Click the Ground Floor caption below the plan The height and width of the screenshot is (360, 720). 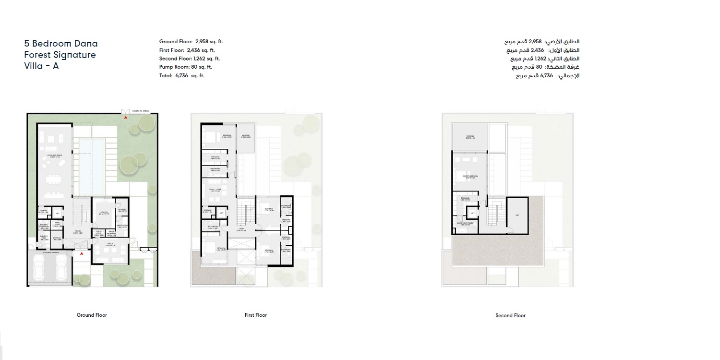(x=92, y=315)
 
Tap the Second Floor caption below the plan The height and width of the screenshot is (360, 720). (x=510, y=316)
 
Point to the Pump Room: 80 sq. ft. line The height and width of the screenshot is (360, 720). (x=185, y=67)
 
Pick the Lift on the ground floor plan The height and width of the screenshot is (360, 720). (x=57, y=213)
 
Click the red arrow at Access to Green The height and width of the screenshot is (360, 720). (x=126, y=116)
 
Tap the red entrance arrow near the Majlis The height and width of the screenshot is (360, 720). (x=82, y=253)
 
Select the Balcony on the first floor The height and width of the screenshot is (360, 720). (x=246, y=137)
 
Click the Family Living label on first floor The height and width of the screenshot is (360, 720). (x=214, y=190)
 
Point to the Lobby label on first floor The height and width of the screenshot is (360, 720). (x=241, y=229)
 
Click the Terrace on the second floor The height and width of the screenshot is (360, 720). (x=470, y=137)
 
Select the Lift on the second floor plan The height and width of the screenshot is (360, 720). (x=473, y=213)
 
